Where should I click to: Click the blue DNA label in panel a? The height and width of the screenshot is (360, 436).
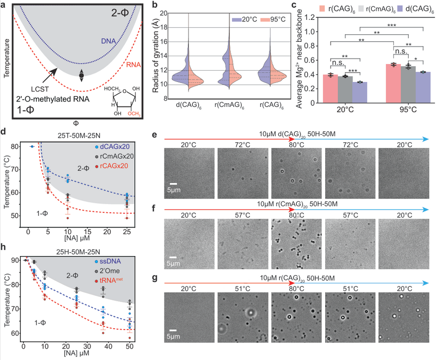(x=108, y=41)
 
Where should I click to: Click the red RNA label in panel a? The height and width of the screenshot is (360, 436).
(x=133, y=65)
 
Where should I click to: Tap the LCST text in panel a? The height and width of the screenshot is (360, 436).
(x=40, y=90)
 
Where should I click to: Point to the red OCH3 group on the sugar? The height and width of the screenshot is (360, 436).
(x=134, y=114)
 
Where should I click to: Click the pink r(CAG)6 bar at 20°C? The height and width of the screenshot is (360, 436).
(x=331, y=89)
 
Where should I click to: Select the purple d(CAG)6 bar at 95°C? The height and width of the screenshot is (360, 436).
(x=423, y=88)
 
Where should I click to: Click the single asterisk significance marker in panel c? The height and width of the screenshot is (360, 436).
(x=416, y=59)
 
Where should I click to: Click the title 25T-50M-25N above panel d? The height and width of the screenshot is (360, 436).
(x=79, y=135)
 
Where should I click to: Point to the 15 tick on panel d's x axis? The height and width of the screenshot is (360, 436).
(x=87, y=232)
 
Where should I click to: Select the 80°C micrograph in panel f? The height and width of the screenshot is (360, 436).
(x=296, y=244)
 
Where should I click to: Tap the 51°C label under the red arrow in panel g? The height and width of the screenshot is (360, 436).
(x=243, y=289)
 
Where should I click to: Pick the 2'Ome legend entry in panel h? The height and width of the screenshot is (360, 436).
(x=107, y=270)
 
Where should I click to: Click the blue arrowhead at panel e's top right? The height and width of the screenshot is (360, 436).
(x=426, y=139)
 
